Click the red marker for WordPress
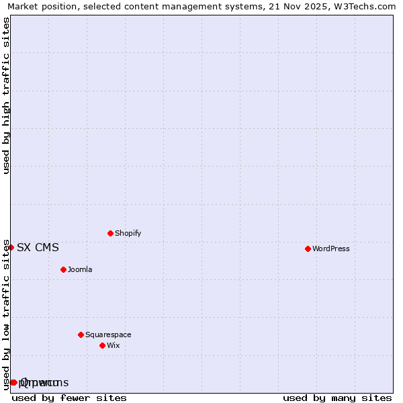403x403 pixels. tap(308, 249)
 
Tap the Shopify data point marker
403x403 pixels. tap(110, 233)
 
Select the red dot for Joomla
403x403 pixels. tap(63, 269)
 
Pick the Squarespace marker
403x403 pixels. tap(81, 334)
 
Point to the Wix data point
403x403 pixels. tap(102, 345)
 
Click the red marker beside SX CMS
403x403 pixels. tap(11, 247)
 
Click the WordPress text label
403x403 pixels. tap(330, 249)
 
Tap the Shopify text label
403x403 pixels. tap(128, 233)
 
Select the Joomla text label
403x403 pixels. tap(80, 269)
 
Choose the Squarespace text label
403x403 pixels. tap(108, 334)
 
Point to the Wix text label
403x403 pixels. tap(113, 345)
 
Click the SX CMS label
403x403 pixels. tap(38, 247)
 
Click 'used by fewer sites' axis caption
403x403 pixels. tap(69, 398)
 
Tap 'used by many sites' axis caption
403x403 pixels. tap(337, 398)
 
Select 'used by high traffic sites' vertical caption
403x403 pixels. tap(6, 95)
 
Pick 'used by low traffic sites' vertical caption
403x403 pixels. tap(6, 314)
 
